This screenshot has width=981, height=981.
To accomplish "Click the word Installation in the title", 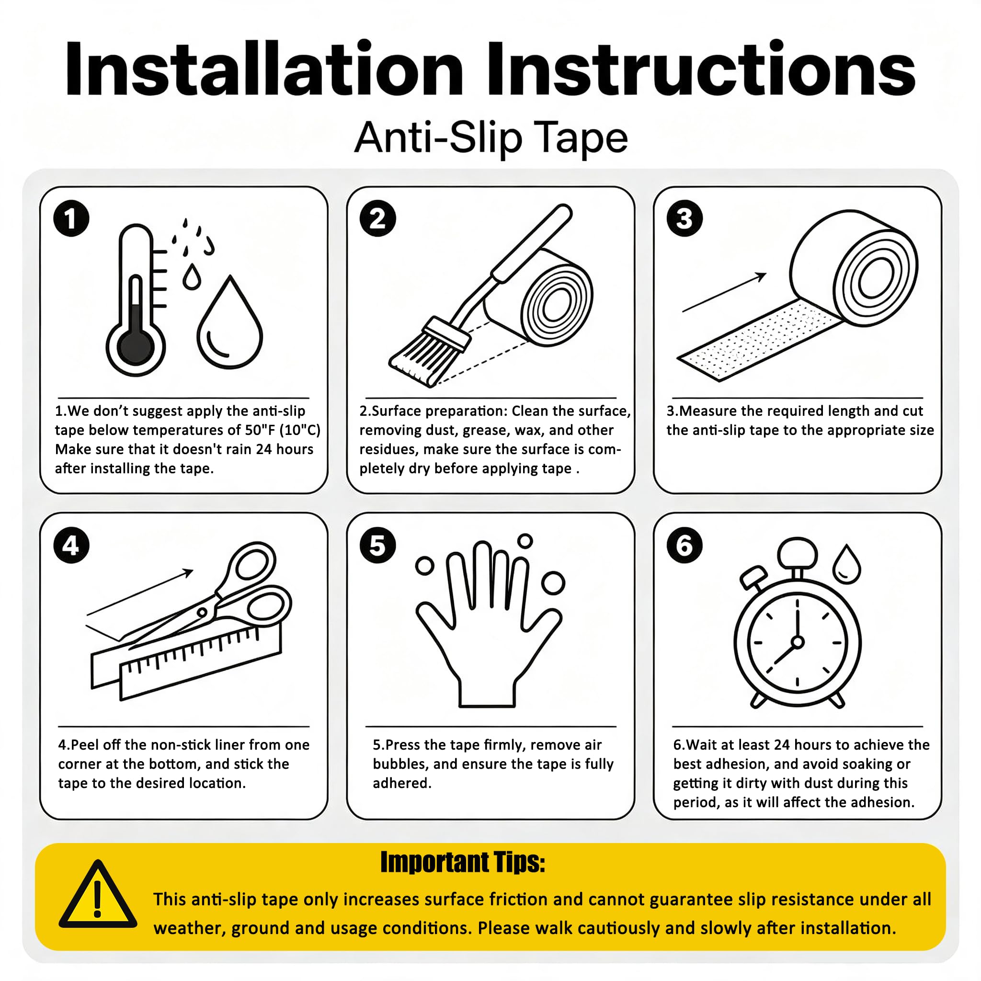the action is click(x=264, y=68).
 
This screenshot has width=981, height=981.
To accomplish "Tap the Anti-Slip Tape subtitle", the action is click(x=490, y=137).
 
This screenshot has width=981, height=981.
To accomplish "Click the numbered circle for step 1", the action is click(x=71, y=219).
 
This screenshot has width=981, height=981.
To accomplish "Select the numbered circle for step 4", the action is click(x=71, y=545).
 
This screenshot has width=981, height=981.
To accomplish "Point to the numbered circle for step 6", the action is click(x=684, y=545).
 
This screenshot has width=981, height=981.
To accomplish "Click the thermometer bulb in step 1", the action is click(x=136, y=347).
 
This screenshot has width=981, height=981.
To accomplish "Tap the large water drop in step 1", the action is click(x=230, y=323).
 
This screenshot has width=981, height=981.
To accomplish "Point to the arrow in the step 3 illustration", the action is click(x=724, y=292).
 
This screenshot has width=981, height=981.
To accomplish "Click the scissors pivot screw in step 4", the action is click(x=202, y=612).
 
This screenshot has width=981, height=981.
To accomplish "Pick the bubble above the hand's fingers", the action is click(x=525, y=541).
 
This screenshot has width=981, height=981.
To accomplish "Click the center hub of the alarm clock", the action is click(x=798, y=642).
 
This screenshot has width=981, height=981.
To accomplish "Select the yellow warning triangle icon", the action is click(x=98, y=895).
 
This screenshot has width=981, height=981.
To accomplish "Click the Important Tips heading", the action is click(x=463, y=862).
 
